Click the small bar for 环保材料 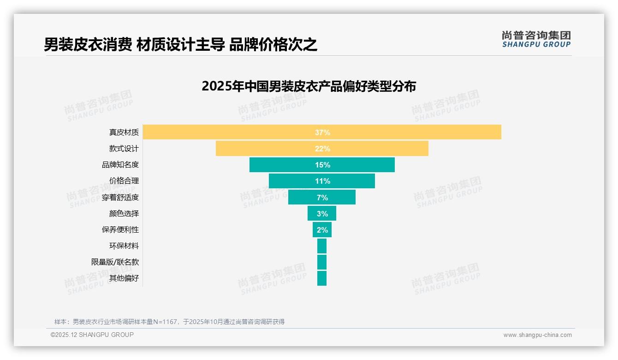[322, 246]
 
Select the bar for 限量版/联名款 [322, 262]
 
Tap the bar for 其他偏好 [322, 278]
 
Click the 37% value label [322, 132]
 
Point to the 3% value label [322, 214]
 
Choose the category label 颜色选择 [124, 214]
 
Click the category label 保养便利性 [120, 230]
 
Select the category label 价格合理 [124, 181]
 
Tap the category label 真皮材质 [124, 132]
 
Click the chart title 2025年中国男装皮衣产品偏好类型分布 [309, 86]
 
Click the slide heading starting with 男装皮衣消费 [180, 45]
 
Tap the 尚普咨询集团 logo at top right [536, 39]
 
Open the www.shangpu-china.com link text [537, 335]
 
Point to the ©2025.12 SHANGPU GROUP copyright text [92, 335]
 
